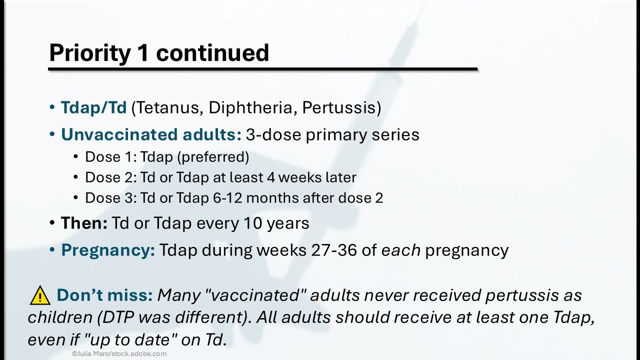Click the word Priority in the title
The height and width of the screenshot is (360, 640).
click(89, 53)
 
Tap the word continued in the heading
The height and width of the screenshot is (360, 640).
click(212, 52)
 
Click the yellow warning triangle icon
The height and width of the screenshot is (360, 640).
click(40, 295)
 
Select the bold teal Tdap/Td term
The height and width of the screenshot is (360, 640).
click(93, 107)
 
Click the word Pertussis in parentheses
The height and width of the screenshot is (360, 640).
click(339, 107)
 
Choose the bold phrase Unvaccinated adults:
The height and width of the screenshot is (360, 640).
click(151, 134)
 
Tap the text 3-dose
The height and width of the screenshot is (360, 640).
click(273, 134)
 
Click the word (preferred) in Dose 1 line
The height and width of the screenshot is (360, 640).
click(213, 157)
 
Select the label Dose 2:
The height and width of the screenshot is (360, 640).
click(111, 177)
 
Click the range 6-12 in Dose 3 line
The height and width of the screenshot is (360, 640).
click(227, 198)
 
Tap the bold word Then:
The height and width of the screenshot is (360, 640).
click(84, 223)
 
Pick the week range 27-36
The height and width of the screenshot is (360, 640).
click(334, 250)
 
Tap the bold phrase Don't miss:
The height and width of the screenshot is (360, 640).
click(105, 295)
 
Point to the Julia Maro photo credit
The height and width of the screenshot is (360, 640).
click(119, 353)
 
